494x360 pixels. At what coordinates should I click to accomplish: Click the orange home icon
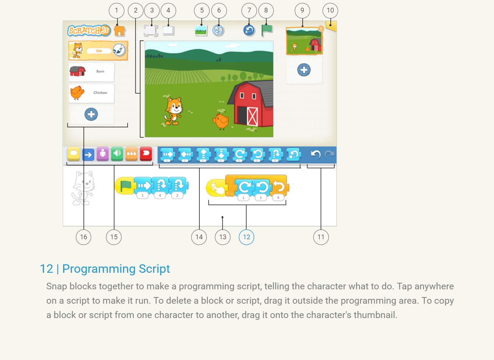(120, 31)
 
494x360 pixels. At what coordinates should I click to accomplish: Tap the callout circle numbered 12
(246, 237)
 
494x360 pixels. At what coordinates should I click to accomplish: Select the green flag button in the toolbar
(267, 30)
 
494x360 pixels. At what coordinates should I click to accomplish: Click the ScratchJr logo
(89, 31)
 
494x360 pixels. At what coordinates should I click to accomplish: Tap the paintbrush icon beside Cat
(119, 50)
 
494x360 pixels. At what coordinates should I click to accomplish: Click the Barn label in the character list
(100, 71)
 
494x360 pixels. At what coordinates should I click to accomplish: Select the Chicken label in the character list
(100, 92)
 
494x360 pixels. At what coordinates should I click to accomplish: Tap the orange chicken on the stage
(221, 121)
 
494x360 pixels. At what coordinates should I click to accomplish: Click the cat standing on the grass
(174, 111)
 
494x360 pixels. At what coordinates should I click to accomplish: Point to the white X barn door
(252, 116)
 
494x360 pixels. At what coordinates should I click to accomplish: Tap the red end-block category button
(146, 154)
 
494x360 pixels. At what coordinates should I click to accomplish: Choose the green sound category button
(117, 154)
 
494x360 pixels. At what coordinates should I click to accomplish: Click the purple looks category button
(103, 154)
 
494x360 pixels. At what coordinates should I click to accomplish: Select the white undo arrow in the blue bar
(316, 154)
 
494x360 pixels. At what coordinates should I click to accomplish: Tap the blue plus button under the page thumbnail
(304, 70)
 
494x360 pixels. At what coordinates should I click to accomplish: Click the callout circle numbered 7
(249, 11)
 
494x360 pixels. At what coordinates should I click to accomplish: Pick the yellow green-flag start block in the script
(125, 186)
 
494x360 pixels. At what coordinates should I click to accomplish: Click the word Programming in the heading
(99, 269)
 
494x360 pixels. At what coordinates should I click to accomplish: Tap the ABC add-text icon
(218, 31)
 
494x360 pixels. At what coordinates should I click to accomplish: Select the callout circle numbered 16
(83, 237)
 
